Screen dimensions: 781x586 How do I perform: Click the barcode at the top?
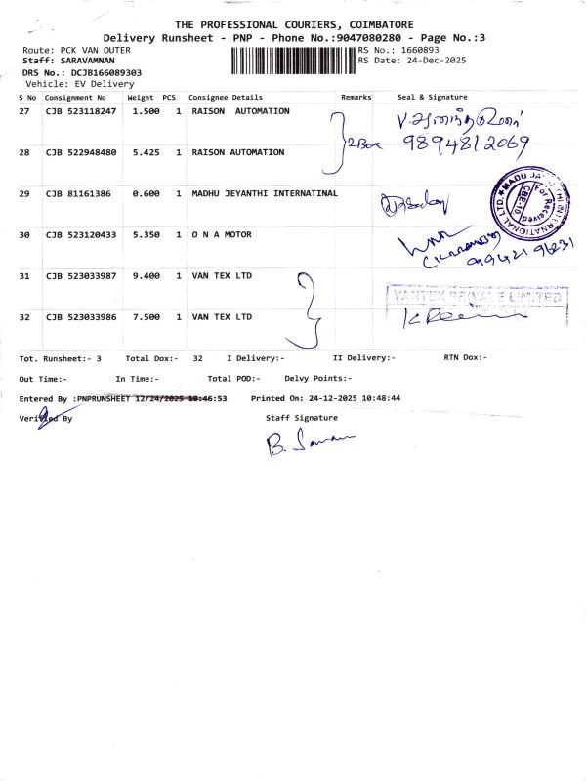[x=293, y=61]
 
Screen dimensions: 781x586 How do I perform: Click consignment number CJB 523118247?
[x=81, y=112]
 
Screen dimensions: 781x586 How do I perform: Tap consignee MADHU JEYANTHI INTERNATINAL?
[x=265, y=194]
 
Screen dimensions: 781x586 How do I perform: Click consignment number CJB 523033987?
[x=81, y=276]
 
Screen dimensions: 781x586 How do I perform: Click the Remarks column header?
[x=356, y=98]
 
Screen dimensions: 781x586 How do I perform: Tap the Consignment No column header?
[x=75, y=98]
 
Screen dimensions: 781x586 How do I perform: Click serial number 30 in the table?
[x=24, y=235]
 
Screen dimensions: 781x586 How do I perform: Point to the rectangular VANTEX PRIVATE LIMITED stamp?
[x=478, y=295]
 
